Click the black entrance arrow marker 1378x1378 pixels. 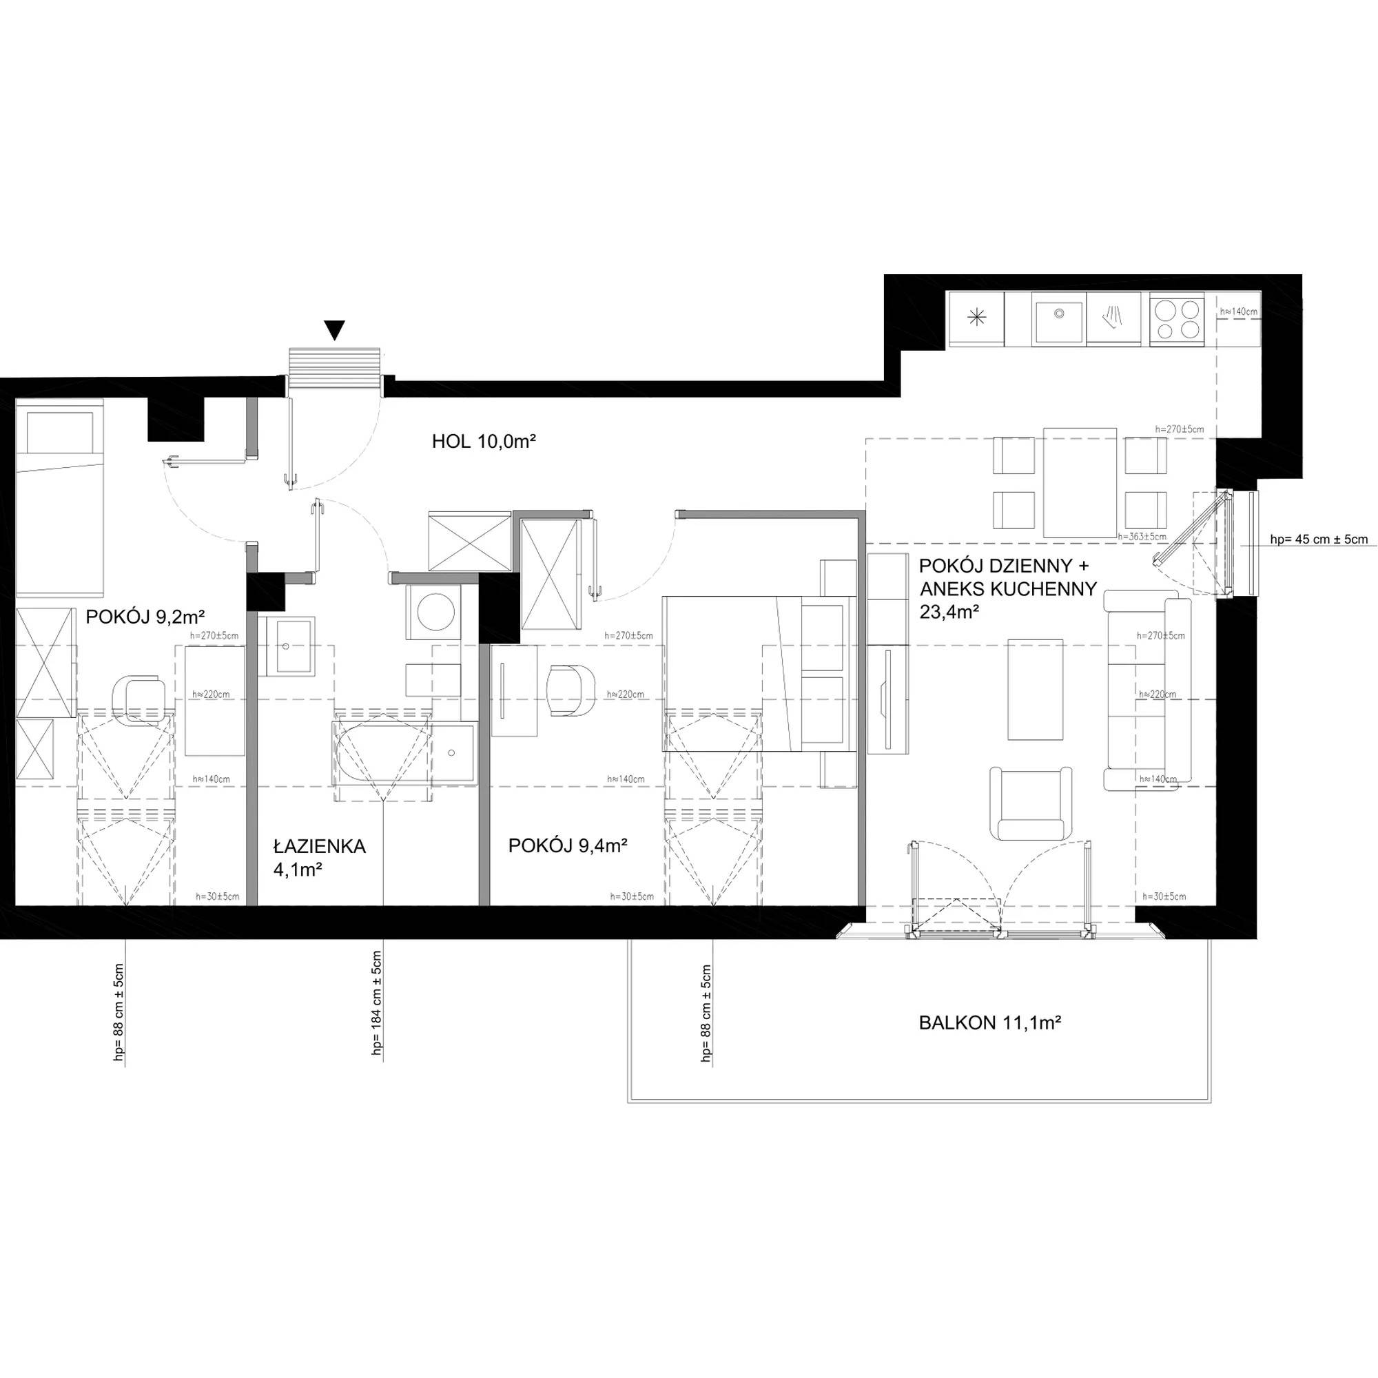point(333,329)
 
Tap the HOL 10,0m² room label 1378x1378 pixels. point(484,442)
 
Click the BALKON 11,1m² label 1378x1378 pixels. point(990,1022)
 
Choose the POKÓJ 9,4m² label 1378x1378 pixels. point(568,846)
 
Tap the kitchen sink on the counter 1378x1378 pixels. point(1059,320)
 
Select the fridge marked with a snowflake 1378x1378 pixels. point(976,319)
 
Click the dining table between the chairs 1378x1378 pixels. point(1080,482)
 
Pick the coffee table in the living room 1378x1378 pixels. point(1035,690)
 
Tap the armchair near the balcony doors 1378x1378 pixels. point(1031,804)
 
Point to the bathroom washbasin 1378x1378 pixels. point(286,646)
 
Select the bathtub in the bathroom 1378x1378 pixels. point(403,754)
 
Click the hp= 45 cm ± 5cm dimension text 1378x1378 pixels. point(1319,539)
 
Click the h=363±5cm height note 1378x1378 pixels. point(1142,535)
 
